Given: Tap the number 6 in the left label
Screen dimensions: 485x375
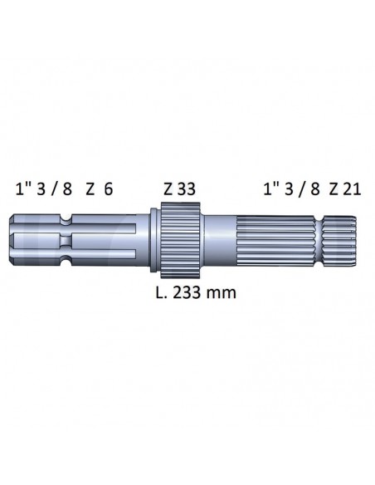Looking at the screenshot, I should [108, 189].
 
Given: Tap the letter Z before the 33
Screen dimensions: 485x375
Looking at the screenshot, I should [168, 189].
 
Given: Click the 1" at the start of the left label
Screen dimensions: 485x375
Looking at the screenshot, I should [22, 189].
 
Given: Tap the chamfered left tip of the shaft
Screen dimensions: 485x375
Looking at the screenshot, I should [17, 241].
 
